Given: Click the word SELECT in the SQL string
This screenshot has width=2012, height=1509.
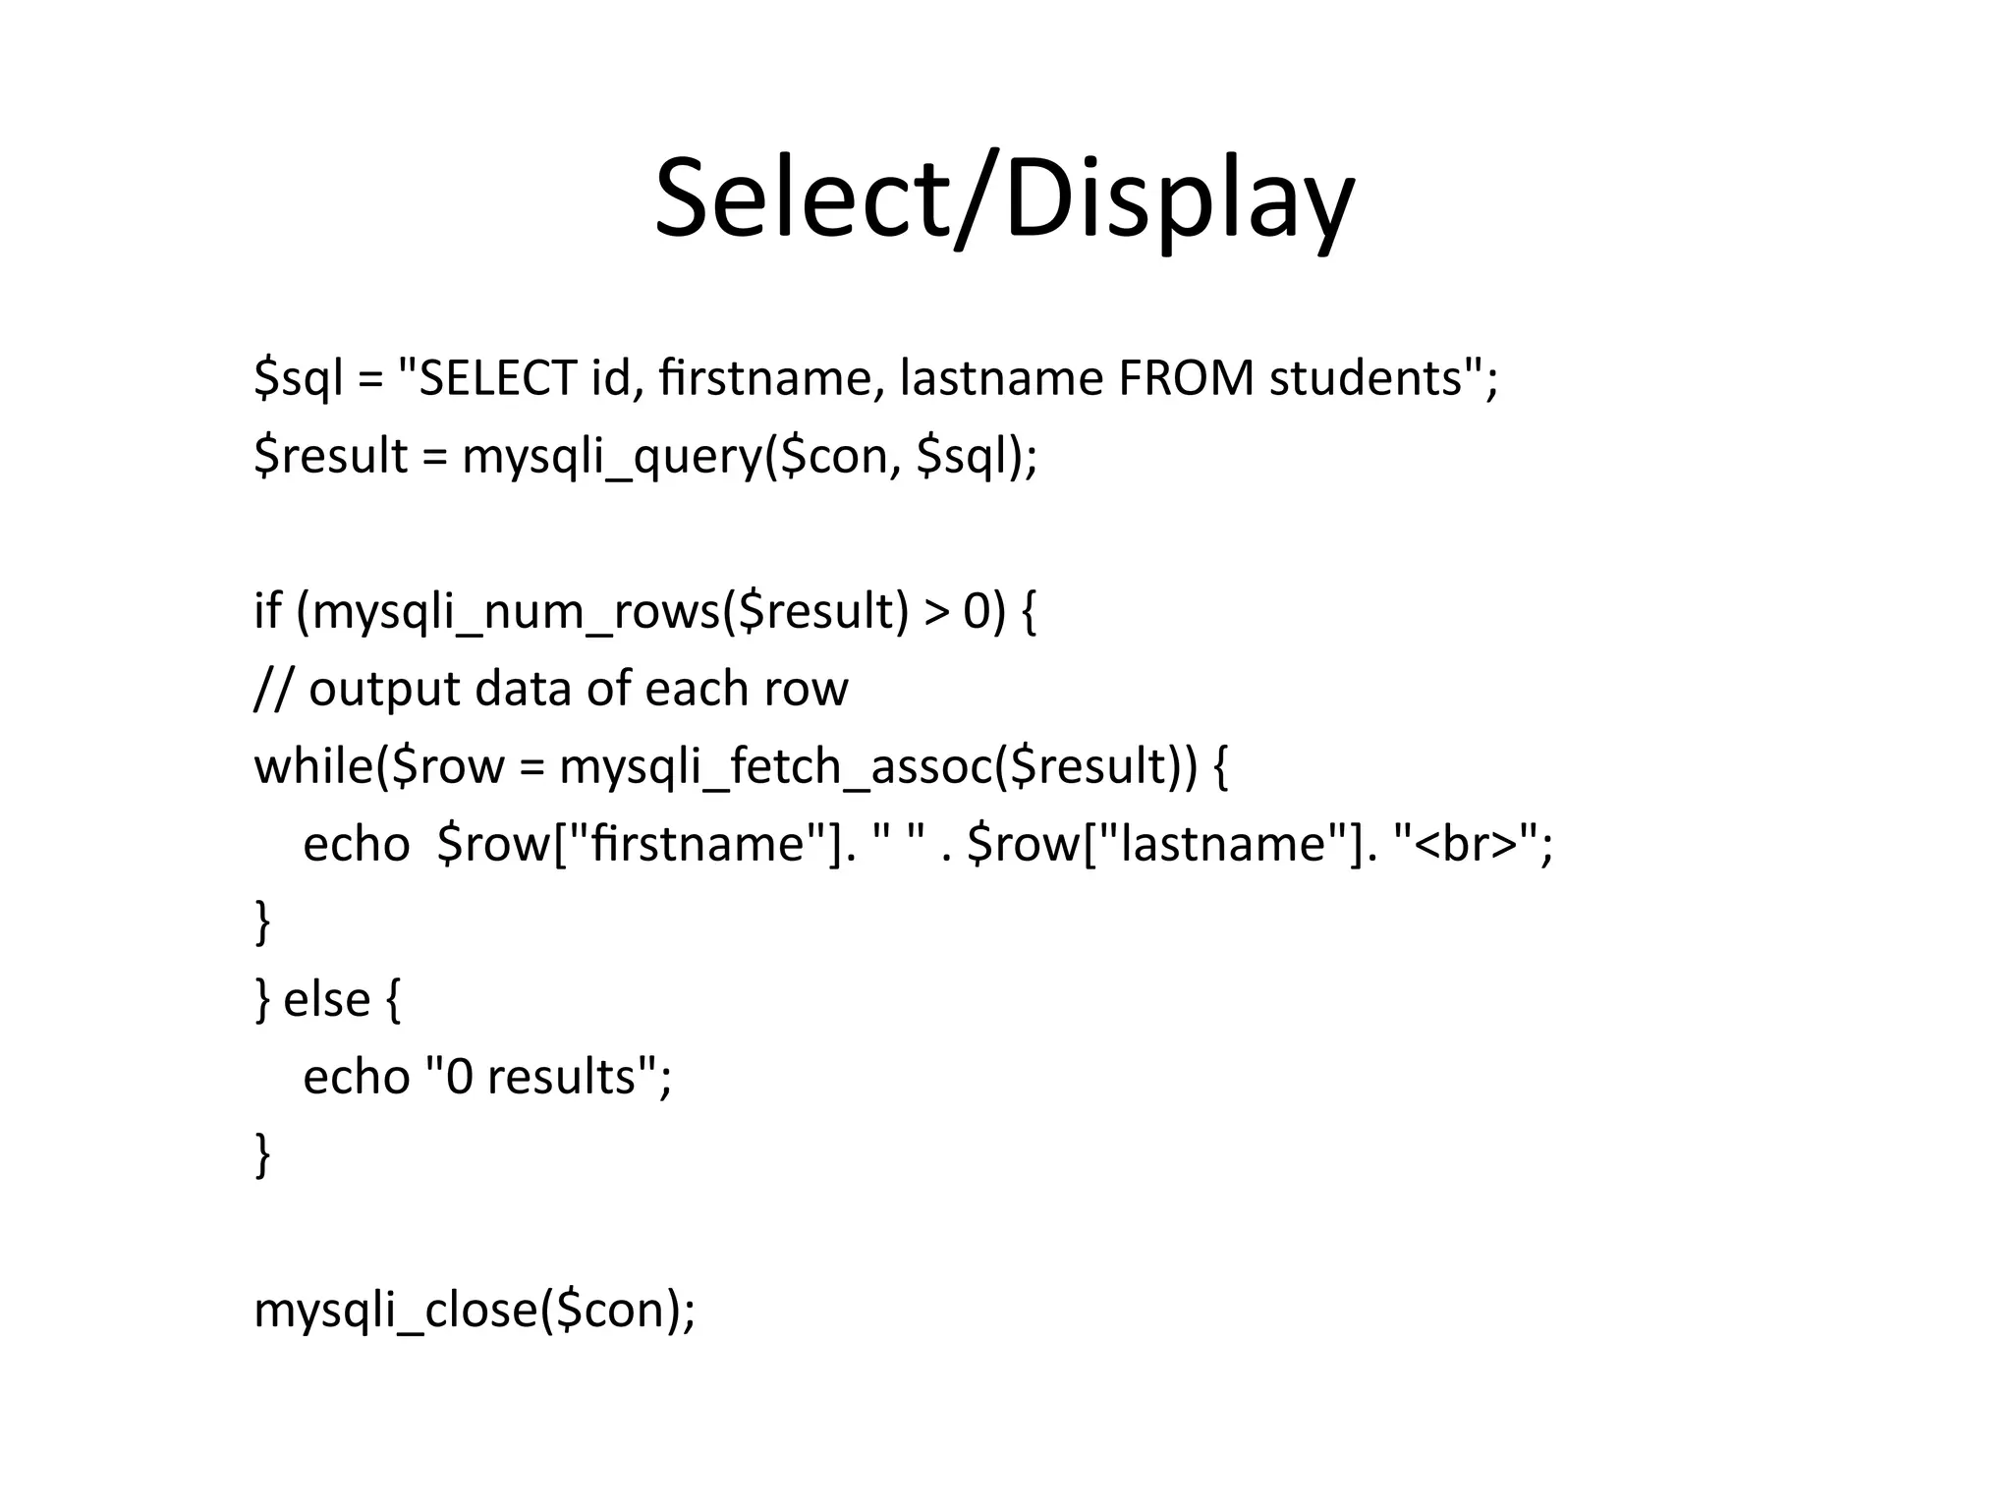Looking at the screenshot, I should click(497, 378).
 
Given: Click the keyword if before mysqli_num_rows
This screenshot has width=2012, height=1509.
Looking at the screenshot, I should click(266, 612).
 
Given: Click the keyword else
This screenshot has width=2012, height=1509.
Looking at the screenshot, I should click(327, 1000).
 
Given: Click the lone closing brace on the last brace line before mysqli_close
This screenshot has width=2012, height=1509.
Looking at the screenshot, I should click(262, 1154).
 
